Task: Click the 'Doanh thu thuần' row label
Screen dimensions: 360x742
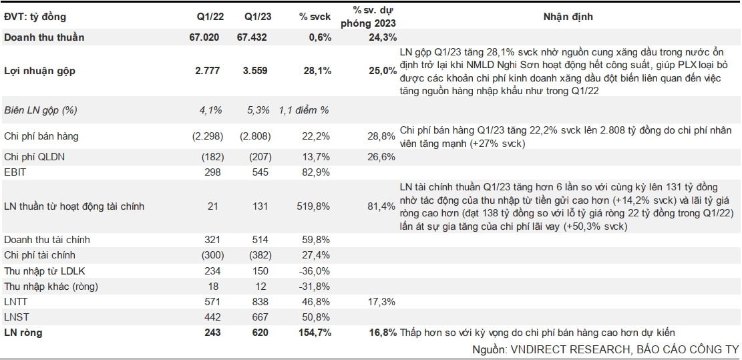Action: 44,37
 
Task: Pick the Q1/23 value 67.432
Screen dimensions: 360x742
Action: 252,37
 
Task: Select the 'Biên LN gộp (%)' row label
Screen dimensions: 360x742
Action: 41,110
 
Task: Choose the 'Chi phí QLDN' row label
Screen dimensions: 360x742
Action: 35,156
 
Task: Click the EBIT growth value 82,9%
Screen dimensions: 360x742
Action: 317,172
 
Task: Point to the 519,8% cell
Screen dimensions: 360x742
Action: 314,206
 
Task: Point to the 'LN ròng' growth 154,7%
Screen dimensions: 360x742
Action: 313,333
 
